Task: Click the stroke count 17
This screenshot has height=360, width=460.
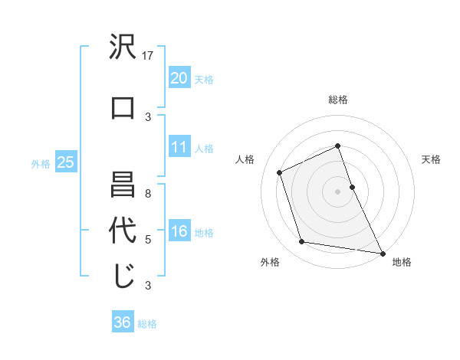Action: click(x=149, y=56)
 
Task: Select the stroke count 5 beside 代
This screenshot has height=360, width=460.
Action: click(x=149, y=240)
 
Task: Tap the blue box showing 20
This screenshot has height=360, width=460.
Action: click(x=179, y=77)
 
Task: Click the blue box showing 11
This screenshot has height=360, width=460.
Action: click(x=179, y=147)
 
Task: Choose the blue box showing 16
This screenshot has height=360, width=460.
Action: click(x=179, y=232)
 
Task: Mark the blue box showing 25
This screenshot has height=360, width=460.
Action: click(x=65, y=162)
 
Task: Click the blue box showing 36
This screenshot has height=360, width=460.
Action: click(x=123, y=322)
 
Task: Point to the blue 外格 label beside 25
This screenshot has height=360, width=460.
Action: click(x=41, y=163)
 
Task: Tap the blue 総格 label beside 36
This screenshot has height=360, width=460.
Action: click(x=147, y=324)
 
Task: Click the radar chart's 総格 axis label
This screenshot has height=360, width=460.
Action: click(x=338, y=100)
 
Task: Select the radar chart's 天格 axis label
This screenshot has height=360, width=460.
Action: click(x=431, y=159)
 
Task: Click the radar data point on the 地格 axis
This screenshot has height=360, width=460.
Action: click(x=382, y=252)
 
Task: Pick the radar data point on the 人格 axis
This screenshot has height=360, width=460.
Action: click(x=281, y=172)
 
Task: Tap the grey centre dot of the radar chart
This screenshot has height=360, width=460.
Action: click(x=338, y=191)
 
